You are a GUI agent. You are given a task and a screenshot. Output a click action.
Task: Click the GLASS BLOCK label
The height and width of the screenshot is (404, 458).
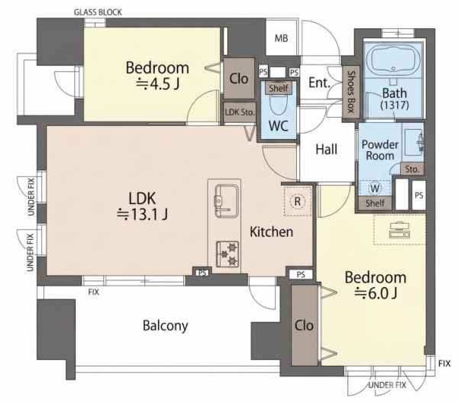coord(98,12)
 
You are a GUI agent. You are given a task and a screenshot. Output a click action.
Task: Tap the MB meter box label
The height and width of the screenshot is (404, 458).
coord(281,38)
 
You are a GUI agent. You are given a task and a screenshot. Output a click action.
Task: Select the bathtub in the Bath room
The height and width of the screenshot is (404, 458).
coord(393,60)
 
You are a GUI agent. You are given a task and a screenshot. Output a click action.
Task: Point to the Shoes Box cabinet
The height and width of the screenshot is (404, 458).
coord(350,92)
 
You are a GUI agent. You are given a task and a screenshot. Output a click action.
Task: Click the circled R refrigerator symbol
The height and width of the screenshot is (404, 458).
coord(298,201)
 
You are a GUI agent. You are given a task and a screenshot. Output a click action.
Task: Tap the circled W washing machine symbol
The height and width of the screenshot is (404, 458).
coord(375,188)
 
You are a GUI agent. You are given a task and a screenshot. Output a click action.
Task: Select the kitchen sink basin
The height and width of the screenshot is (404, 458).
coord(227,201)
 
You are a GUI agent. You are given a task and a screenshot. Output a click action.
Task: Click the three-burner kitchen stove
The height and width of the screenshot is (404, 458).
coord(227,254)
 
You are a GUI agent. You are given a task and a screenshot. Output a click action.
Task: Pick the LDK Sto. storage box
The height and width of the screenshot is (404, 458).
coord(240,112)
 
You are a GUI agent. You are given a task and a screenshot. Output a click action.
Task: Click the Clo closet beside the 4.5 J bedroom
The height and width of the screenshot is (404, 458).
coord(239,79)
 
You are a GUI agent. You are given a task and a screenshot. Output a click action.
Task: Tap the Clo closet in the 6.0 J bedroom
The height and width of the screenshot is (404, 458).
coord(304,325)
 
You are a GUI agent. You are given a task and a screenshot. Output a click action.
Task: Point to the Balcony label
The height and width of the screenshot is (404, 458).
coord(166,325)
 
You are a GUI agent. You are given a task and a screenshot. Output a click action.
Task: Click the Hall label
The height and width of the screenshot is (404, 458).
coord(326,149)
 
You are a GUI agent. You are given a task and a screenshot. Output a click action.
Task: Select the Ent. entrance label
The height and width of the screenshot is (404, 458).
coord(319,82)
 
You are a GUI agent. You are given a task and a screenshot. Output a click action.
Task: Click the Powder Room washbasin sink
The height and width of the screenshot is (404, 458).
coord(413,143)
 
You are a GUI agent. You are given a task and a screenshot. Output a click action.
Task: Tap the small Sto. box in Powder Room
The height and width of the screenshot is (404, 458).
coord(412,169)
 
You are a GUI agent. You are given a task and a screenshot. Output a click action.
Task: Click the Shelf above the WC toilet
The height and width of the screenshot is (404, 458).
coord(279,88)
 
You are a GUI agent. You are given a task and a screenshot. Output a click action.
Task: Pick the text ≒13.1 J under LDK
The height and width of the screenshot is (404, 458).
coord(142,215)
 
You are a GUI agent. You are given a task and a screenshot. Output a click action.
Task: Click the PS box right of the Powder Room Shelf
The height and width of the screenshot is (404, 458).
coord(418,196)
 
